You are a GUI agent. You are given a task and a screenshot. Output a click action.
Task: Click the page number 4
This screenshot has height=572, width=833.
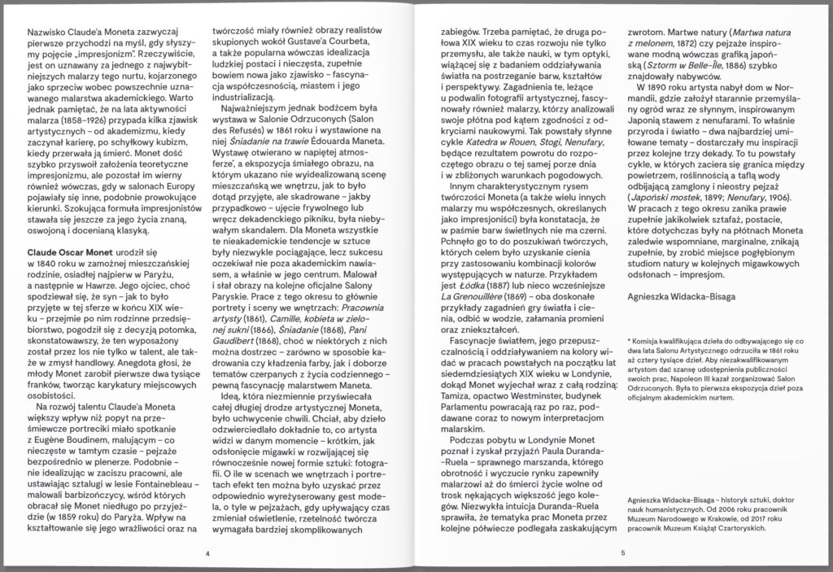coord(208,553)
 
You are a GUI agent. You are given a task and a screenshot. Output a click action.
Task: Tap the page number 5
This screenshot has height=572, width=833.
coord(622,553)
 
